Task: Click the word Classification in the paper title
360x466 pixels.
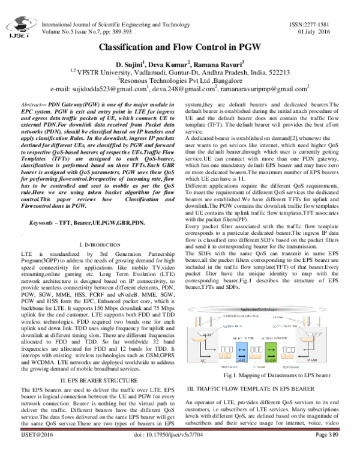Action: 128,46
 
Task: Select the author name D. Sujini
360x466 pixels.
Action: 127,64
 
